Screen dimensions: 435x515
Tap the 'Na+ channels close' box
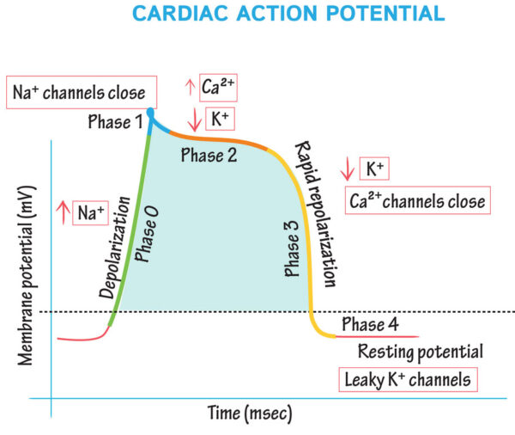(78, 91)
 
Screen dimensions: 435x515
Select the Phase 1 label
(115, 123)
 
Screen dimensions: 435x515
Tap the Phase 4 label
(370, 324)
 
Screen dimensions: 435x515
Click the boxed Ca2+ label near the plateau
(217, 86)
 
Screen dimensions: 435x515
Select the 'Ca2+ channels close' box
(417, 201)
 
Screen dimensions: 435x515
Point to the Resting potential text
(420, 352)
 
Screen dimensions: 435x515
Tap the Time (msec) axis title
(250, 414)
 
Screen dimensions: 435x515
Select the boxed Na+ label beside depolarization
(89, 212)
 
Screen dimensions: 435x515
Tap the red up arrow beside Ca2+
(190, 86)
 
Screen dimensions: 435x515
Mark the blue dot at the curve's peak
(151, 112)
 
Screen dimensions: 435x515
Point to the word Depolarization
(115, 248)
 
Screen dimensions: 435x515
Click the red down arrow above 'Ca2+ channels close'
(348, 168)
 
